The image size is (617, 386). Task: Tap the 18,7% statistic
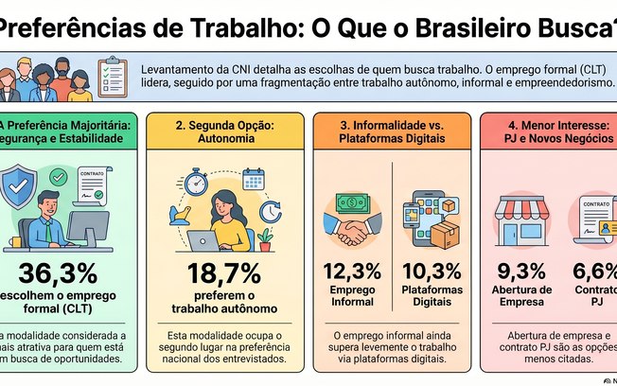[224, 273]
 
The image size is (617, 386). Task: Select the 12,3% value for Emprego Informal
[352, 271]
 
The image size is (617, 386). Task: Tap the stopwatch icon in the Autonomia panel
[197, 181]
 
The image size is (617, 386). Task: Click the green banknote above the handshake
[352, 202]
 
